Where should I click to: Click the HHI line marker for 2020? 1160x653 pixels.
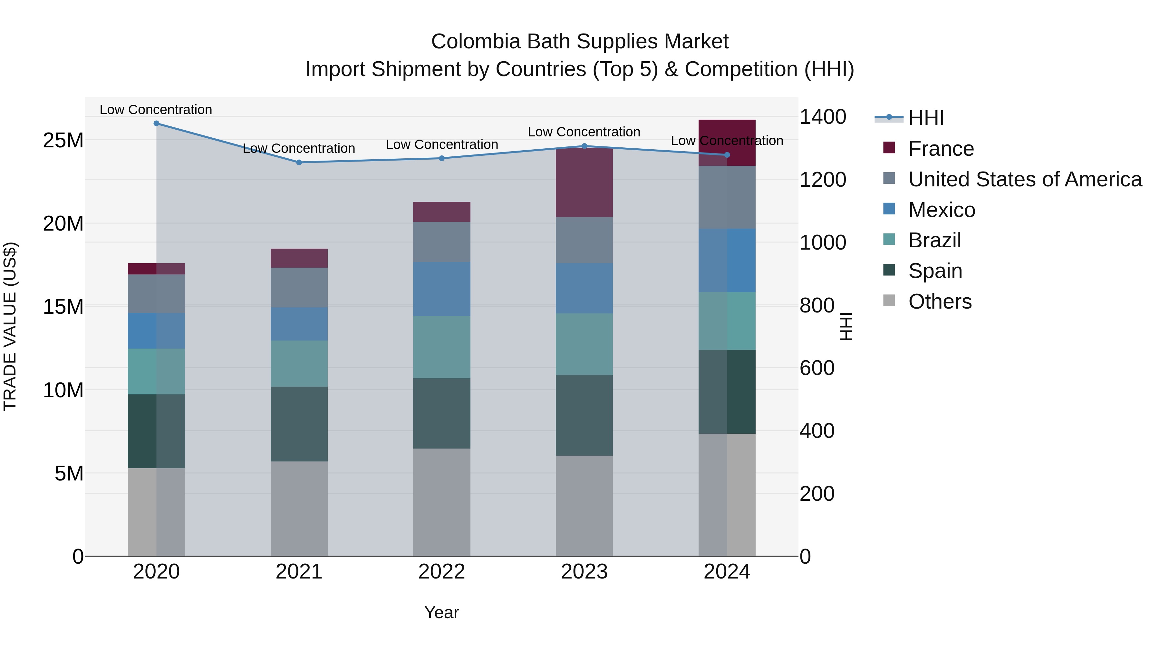pos(156,124)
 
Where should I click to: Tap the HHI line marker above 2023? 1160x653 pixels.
pos(585,146)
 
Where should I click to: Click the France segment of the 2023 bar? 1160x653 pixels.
pos(584,183)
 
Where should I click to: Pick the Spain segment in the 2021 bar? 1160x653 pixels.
pos(299,424)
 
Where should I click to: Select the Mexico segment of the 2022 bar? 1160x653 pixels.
pos(442,289)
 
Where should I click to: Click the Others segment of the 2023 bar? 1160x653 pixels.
pos(584,506)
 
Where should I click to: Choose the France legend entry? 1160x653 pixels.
pos(941,149)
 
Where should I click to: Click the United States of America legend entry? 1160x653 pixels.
pos(1024,179)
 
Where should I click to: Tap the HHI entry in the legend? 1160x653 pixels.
pos(926,118)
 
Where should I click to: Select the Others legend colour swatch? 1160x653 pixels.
pos(889,301)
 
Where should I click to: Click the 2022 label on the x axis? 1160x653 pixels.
pos(442,572)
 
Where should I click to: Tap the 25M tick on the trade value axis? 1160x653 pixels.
pos(63,141)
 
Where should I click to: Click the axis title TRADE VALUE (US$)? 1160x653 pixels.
pos(10,326)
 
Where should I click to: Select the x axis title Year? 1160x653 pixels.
pos(442,613)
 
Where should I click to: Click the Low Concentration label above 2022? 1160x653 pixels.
pos(442,145)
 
